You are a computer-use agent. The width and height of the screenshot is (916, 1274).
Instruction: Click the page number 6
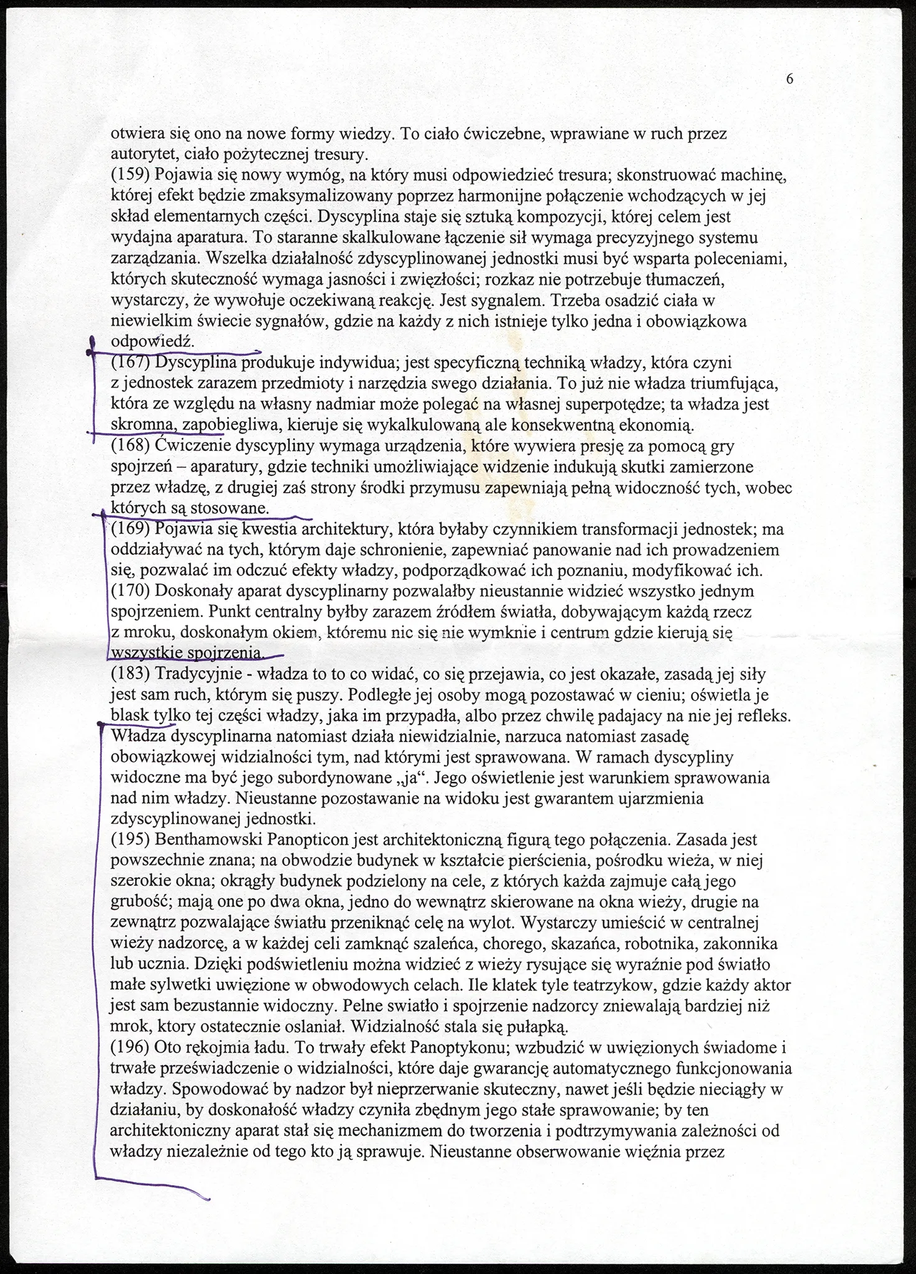click(790, 79)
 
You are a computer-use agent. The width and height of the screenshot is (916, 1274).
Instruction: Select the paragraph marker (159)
click(127, 175)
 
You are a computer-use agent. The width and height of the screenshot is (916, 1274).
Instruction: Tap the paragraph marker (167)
click(127, 362)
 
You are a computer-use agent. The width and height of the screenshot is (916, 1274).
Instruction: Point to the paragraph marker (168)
click(127, 446)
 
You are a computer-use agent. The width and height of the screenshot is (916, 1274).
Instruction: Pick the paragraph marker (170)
click(127, 590)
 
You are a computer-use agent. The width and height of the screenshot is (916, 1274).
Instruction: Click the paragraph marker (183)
click(127, 674)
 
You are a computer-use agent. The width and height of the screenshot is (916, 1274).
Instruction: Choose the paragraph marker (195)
click(127, 840)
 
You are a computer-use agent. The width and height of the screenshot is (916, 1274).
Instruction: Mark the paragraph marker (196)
click(127, 1048)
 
